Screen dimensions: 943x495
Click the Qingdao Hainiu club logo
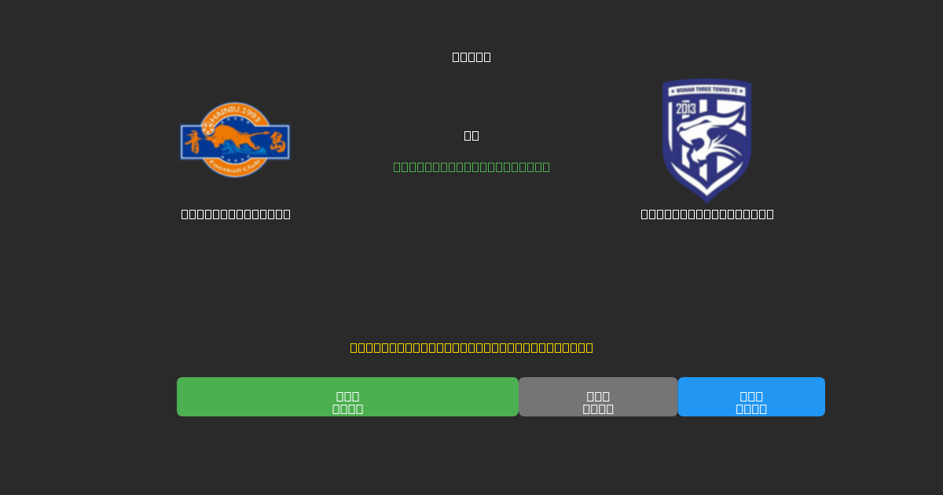[x=235, y=141]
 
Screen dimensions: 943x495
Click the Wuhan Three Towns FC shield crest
[x=706, y=139]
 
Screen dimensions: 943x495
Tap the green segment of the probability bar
[x=347, y=397]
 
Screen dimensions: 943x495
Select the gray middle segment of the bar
[x=598, y=397]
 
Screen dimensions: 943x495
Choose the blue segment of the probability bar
[x=751, y=397]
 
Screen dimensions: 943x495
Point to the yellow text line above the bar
[x=472, y=347]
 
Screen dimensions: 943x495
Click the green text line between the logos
[x=472, y=167]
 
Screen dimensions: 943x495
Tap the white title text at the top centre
[x=472, y=57]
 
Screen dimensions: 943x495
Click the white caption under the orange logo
[x=236, y=214]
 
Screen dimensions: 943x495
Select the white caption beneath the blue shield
[x=707, y=214]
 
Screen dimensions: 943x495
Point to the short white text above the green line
[x=472, y=135]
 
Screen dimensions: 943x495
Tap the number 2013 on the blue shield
[x=686, y=108]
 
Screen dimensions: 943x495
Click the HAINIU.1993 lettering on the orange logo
[x=236, y=112]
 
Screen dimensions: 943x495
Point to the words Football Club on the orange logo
[x=235, y=168]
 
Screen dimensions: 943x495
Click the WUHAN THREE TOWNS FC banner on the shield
[x=706, y=90]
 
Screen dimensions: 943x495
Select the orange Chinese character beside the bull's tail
[x=277, y=142]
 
